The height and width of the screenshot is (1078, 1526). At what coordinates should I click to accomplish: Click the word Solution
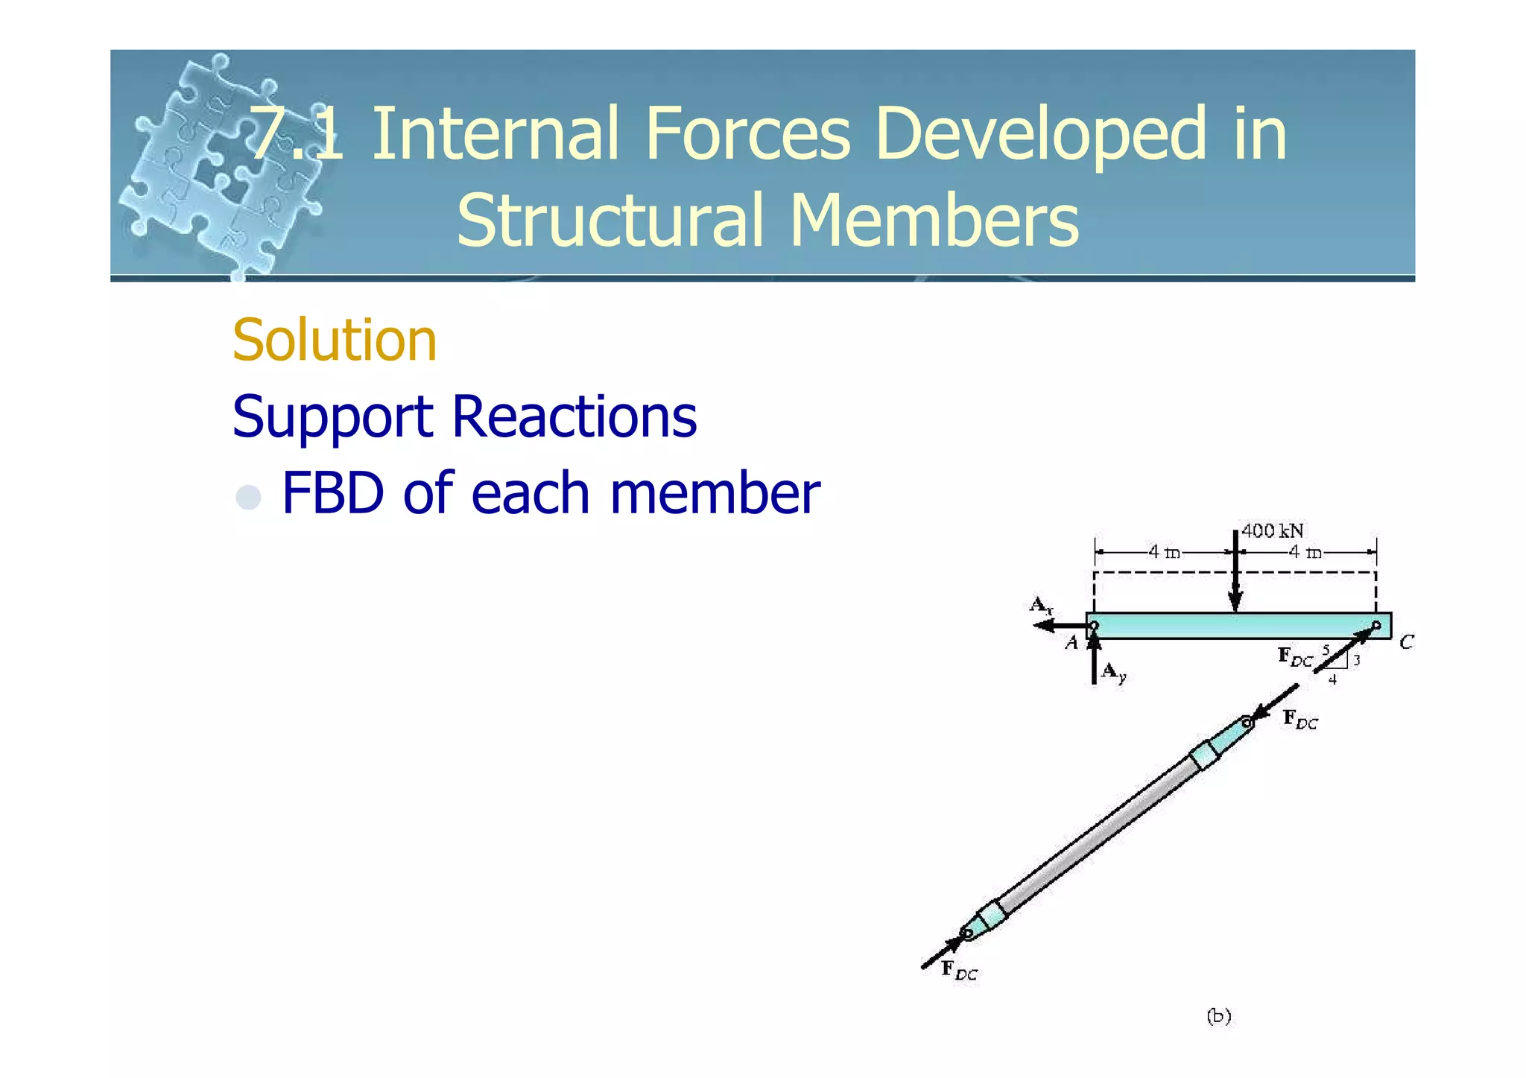pyautogui.click(x=335, y=340)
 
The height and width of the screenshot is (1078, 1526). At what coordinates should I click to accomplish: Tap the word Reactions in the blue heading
pyautogui.click(x=574, y=416)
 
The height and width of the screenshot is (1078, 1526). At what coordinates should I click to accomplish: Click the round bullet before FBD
pyautogui.click(x=248, y=497)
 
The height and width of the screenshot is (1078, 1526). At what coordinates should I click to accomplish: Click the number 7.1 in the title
pyautogui.click(x=297, y=134)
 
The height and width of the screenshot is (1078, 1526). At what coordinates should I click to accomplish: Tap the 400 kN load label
pyautogui.click(x=1272, y=531)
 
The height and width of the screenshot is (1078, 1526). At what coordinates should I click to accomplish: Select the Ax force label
pyautogui.click(x=1040, y=605)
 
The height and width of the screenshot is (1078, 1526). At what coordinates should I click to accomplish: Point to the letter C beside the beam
pyautogui.click(x=1405, y=642)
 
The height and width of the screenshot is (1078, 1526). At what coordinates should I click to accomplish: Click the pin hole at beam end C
pyautogui.click(x=1376, y=625)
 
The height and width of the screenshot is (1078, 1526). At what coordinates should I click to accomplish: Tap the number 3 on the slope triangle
pyautogui.click(x=1357, y=660)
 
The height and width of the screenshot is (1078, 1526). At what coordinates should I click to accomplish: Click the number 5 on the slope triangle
pyautogui.click(x=1326, y=650)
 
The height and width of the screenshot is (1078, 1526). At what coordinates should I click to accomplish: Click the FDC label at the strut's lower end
pyautogui.click(x=959, y=971)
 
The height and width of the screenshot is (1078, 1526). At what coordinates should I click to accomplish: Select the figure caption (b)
pyautogui.click(x=1218, y=1016)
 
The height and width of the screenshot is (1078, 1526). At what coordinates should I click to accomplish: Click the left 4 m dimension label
pyautogui.click(x=1163, y=553)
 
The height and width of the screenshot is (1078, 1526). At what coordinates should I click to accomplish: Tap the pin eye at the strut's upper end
pyautogui.click(x=1247, y=722)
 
